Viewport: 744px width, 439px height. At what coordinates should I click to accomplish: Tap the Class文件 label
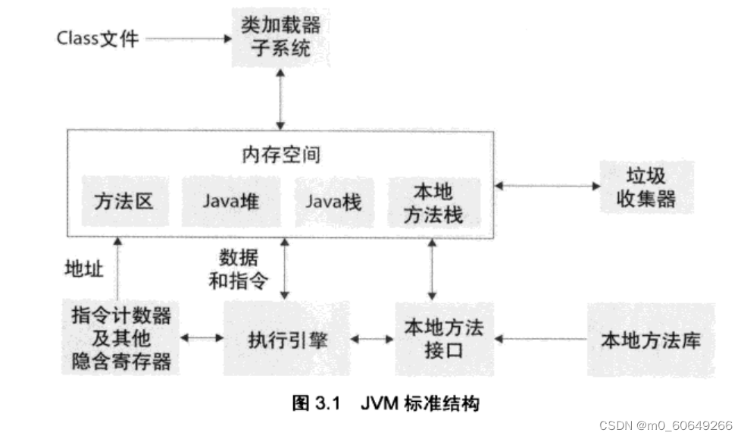98,38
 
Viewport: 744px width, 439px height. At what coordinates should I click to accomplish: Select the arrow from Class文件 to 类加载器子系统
186,38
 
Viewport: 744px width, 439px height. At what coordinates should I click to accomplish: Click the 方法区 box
123,202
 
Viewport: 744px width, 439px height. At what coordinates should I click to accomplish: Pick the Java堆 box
230,202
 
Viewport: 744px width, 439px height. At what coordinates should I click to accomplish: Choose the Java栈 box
334,202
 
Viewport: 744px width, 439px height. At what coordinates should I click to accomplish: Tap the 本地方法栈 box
434,202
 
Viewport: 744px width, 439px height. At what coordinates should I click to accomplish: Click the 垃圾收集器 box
646,187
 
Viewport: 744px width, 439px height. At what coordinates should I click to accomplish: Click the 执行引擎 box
286,339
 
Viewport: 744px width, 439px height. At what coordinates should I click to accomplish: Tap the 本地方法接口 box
444,339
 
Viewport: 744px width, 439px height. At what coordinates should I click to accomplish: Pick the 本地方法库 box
651,339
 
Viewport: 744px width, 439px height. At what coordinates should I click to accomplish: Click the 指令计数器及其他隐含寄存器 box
121,338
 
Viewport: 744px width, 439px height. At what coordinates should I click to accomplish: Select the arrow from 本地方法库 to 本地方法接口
542,339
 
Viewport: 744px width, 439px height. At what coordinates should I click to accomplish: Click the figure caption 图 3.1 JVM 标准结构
386,403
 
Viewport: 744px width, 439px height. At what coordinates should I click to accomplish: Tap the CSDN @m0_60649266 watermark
665,425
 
